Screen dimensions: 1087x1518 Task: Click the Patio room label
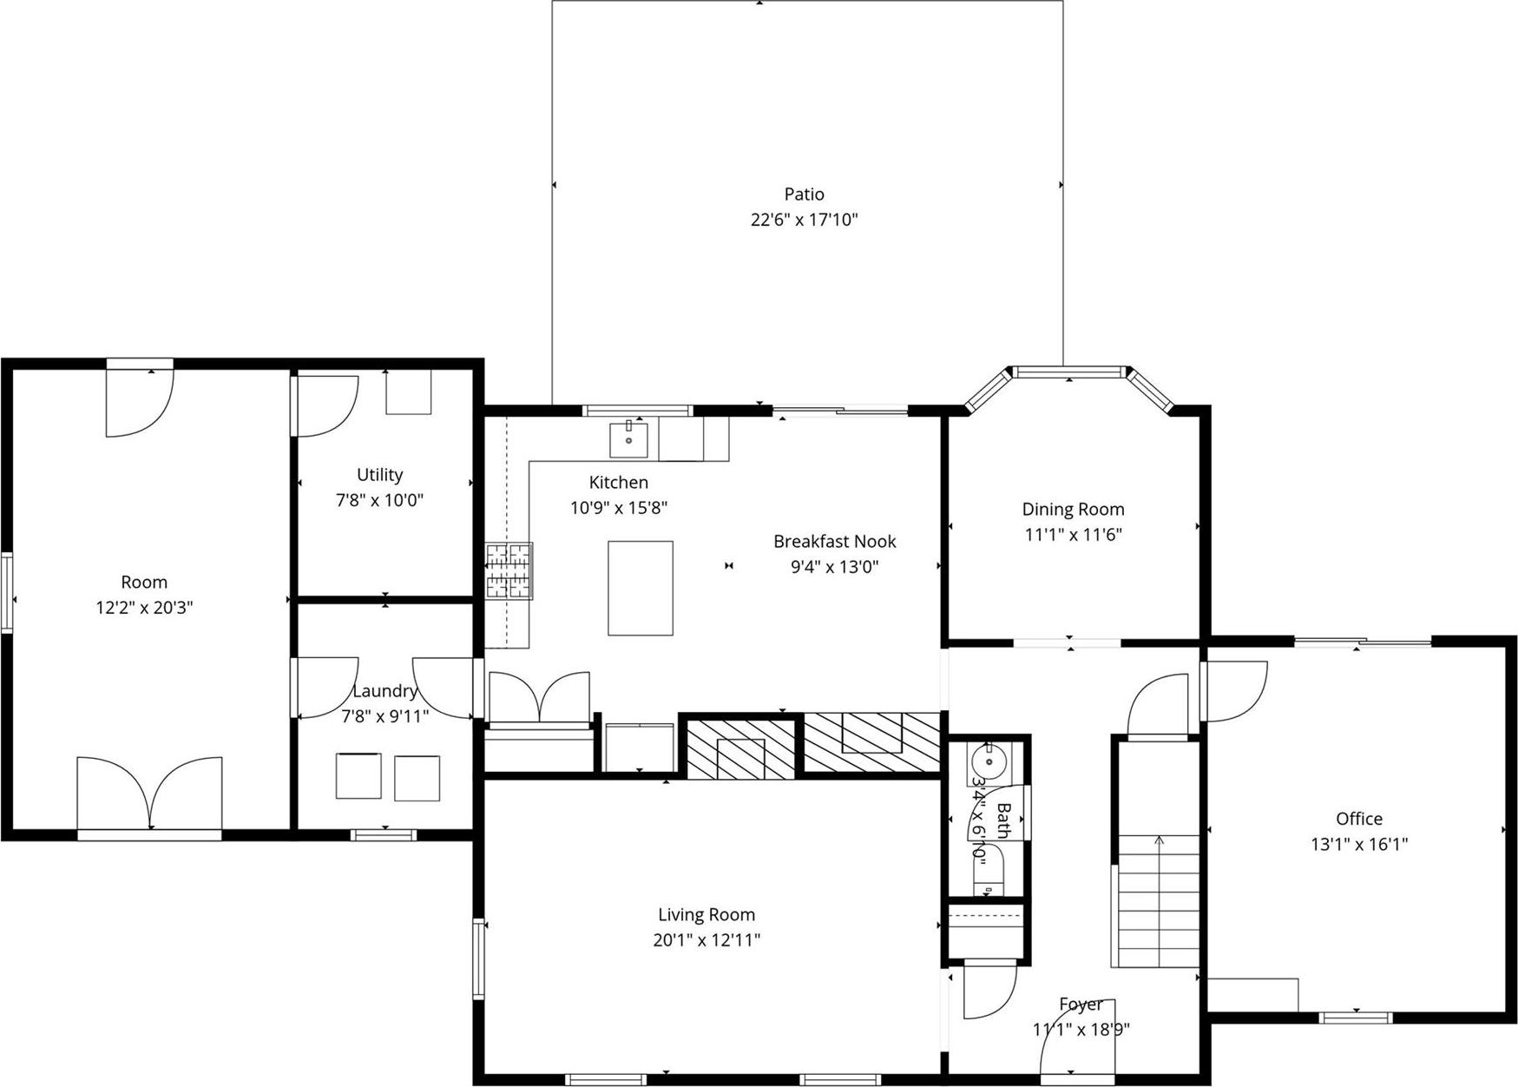tap(804, 194)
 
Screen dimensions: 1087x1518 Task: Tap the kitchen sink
tap(628, 439)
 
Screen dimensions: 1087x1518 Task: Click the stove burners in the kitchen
tap(509, 570)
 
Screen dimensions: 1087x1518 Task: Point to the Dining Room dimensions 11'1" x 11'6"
tap(1073, 535)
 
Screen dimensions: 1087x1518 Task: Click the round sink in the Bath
tap(988, 762)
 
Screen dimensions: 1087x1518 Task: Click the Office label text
tap(1358, 819)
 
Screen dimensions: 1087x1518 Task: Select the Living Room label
tap(706, 914)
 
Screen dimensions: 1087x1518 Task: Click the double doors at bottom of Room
tap(149, 793)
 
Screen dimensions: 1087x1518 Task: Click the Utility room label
tap(379, 475)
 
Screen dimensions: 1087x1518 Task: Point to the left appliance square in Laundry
tap(358, 775)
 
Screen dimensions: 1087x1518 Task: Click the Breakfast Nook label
tap(834, 542)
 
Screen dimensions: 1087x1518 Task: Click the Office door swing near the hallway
tap(1234, 691)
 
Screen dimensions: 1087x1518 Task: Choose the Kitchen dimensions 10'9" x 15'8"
tap(618, 508)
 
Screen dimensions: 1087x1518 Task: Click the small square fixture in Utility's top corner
tap(408, 392)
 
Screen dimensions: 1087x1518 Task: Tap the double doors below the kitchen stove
tap(539, 696)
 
